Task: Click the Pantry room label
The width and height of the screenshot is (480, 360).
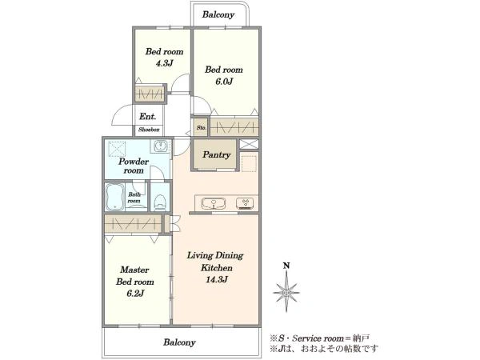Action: [x=216, y=154]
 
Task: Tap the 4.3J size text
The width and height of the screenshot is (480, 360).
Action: [x=164, y=63]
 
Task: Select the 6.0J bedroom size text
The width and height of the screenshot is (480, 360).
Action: [x=224, y=82]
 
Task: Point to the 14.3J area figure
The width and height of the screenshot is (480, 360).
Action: [x=217, y=279]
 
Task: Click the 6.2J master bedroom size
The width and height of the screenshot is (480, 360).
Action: [x=135, y=294]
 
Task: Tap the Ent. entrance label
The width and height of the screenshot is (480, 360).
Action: [x=147, y=116]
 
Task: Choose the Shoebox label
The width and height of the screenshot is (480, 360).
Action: [x=149, y=130]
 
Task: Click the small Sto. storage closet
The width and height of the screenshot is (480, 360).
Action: [x=201, y=128]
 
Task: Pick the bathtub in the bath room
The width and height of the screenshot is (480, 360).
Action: [x=115, y=197]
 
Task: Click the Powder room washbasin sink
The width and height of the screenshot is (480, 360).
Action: [x=159, y=146]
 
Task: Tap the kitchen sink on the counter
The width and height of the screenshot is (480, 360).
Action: [x=214, y=203]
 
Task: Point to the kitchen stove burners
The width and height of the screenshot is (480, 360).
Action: [x=245, y=203]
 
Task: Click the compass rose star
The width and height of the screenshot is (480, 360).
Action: [x=286, y=292]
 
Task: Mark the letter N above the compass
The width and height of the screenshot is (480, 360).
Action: [x=286, y=266]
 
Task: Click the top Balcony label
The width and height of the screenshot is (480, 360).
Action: [x=218, y=14]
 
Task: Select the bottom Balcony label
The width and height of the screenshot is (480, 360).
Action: [x=179, y=342]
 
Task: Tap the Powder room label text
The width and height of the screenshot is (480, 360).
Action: [x=134, y=166]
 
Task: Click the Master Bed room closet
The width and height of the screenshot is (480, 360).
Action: [x=133, y=224]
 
